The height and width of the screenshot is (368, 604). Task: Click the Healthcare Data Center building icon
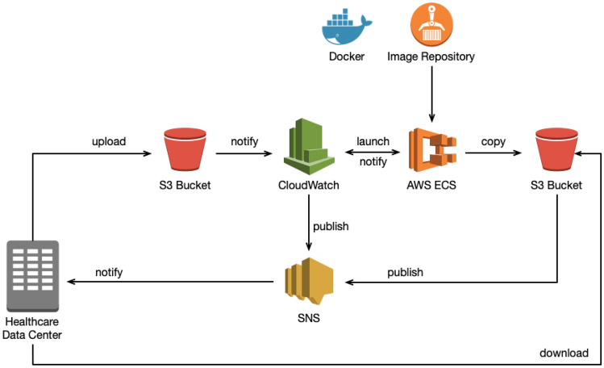[33, 275]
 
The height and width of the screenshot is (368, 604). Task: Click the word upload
[108, 142]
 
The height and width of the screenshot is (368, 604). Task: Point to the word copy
[494, 142]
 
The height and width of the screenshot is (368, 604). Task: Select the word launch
[373, 142]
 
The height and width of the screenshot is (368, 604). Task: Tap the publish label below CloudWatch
[331, 226]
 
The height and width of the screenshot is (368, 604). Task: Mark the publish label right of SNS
[405, 272]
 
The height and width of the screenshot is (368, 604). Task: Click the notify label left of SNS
[109, 272]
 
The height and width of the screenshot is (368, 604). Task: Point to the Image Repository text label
[431, 56]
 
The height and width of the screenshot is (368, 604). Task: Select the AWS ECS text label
[431, 186]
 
